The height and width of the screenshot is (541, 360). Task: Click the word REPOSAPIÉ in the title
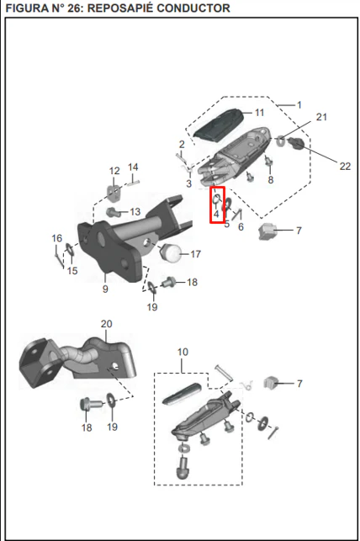click(x=120, y=8)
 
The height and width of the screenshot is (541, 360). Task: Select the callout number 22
click(x=345, y=167)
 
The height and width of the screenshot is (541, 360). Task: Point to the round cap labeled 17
click(x=172, y=253)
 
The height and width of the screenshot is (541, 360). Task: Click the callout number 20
click(x=107, y=324)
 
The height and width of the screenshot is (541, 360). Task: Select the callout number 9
click(x=105, y=289)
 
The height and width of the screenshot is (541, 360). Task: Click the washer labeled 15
click(x=69, y=249)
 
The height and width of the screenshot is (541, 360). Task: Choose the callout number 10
click(x=183, y=352)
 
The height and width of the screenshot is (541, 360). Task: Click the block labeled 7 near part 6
click(x=267, y=231)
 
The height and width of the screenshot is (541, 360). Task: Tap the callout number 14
click(x=133, y=167)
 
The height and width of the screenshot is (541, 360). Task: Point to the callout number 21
click(x=321, y=117)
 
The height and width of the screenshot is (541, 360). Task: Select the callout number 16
click(x=57, y=238)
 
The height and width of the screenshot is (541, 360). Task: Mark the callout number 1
click(x=299, y=104)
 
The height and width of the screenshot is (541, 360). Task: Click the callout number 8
click(x=271, y=179)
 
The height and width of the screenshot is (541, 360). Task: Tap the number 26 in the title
click(x=73, y=8)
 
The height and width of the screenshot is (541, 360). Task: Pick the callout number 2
click(x=182, y=144)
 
